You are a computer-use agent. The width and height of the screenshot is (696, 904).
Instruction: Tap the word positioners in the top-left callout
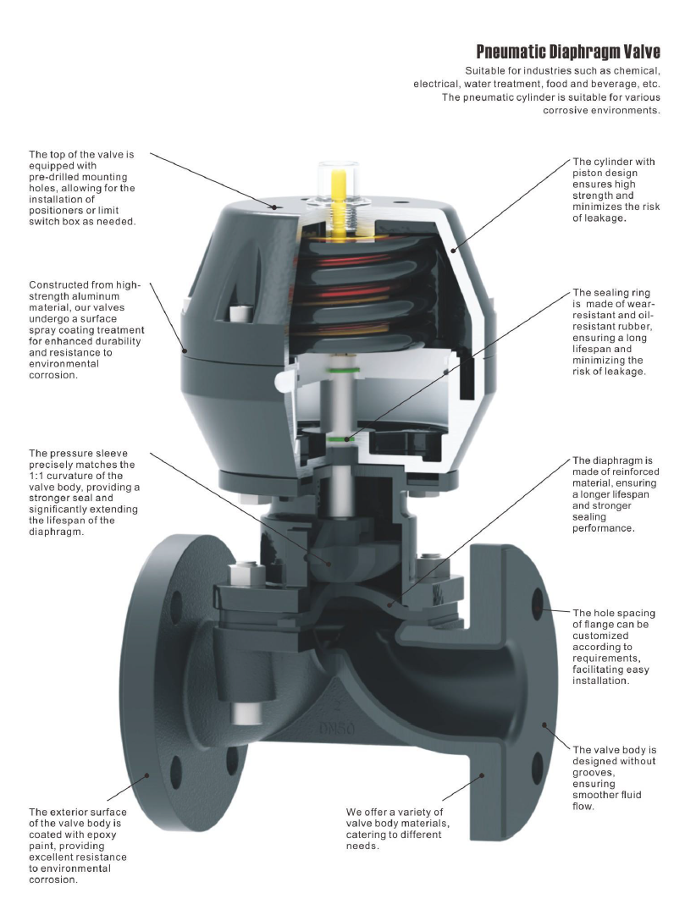58,210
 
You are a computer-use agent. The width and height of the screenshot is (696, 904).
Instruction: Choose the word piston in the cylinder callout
588,173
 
